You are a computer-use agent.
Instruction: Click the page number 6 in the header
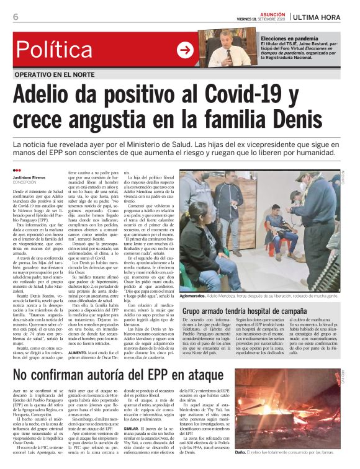click(16, 17)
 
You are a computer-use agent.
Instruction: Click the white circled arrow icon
click(185, 50)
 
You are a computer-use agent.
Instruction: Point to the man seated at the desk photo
click(229, 49)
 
